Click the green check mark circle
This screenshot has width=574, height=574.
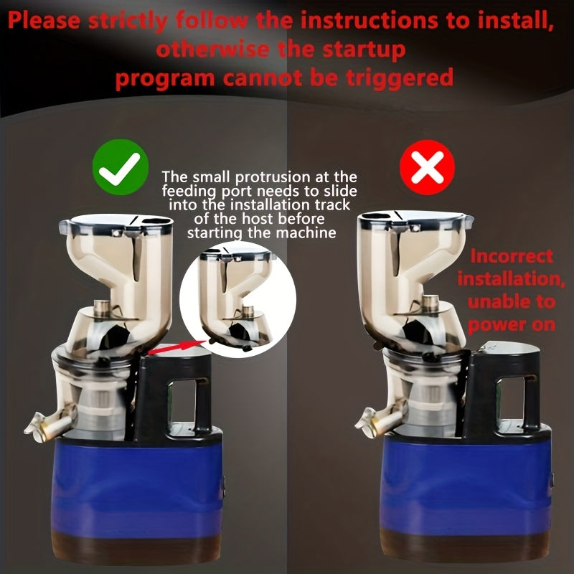pyautogui.click(x=121, y=167)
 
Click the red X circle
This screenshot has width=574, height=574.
pyautogui.click(x=427, y=167)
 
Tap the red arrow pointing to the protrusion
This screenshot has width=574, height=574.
pyautogui.click(x=177, y=347)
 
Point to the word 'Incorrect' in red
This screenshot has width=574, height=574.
pyautogui.click(x=512, y=256)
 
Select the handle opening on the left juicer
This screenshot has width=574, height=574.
pyautogui.click(x=182, y=402)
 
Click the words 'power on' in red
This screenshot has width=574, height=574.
pyautogui.click(x=512, y=325)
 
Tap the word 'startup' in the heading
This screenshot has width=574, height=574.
pyautogui.click(x=364, y=50)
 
